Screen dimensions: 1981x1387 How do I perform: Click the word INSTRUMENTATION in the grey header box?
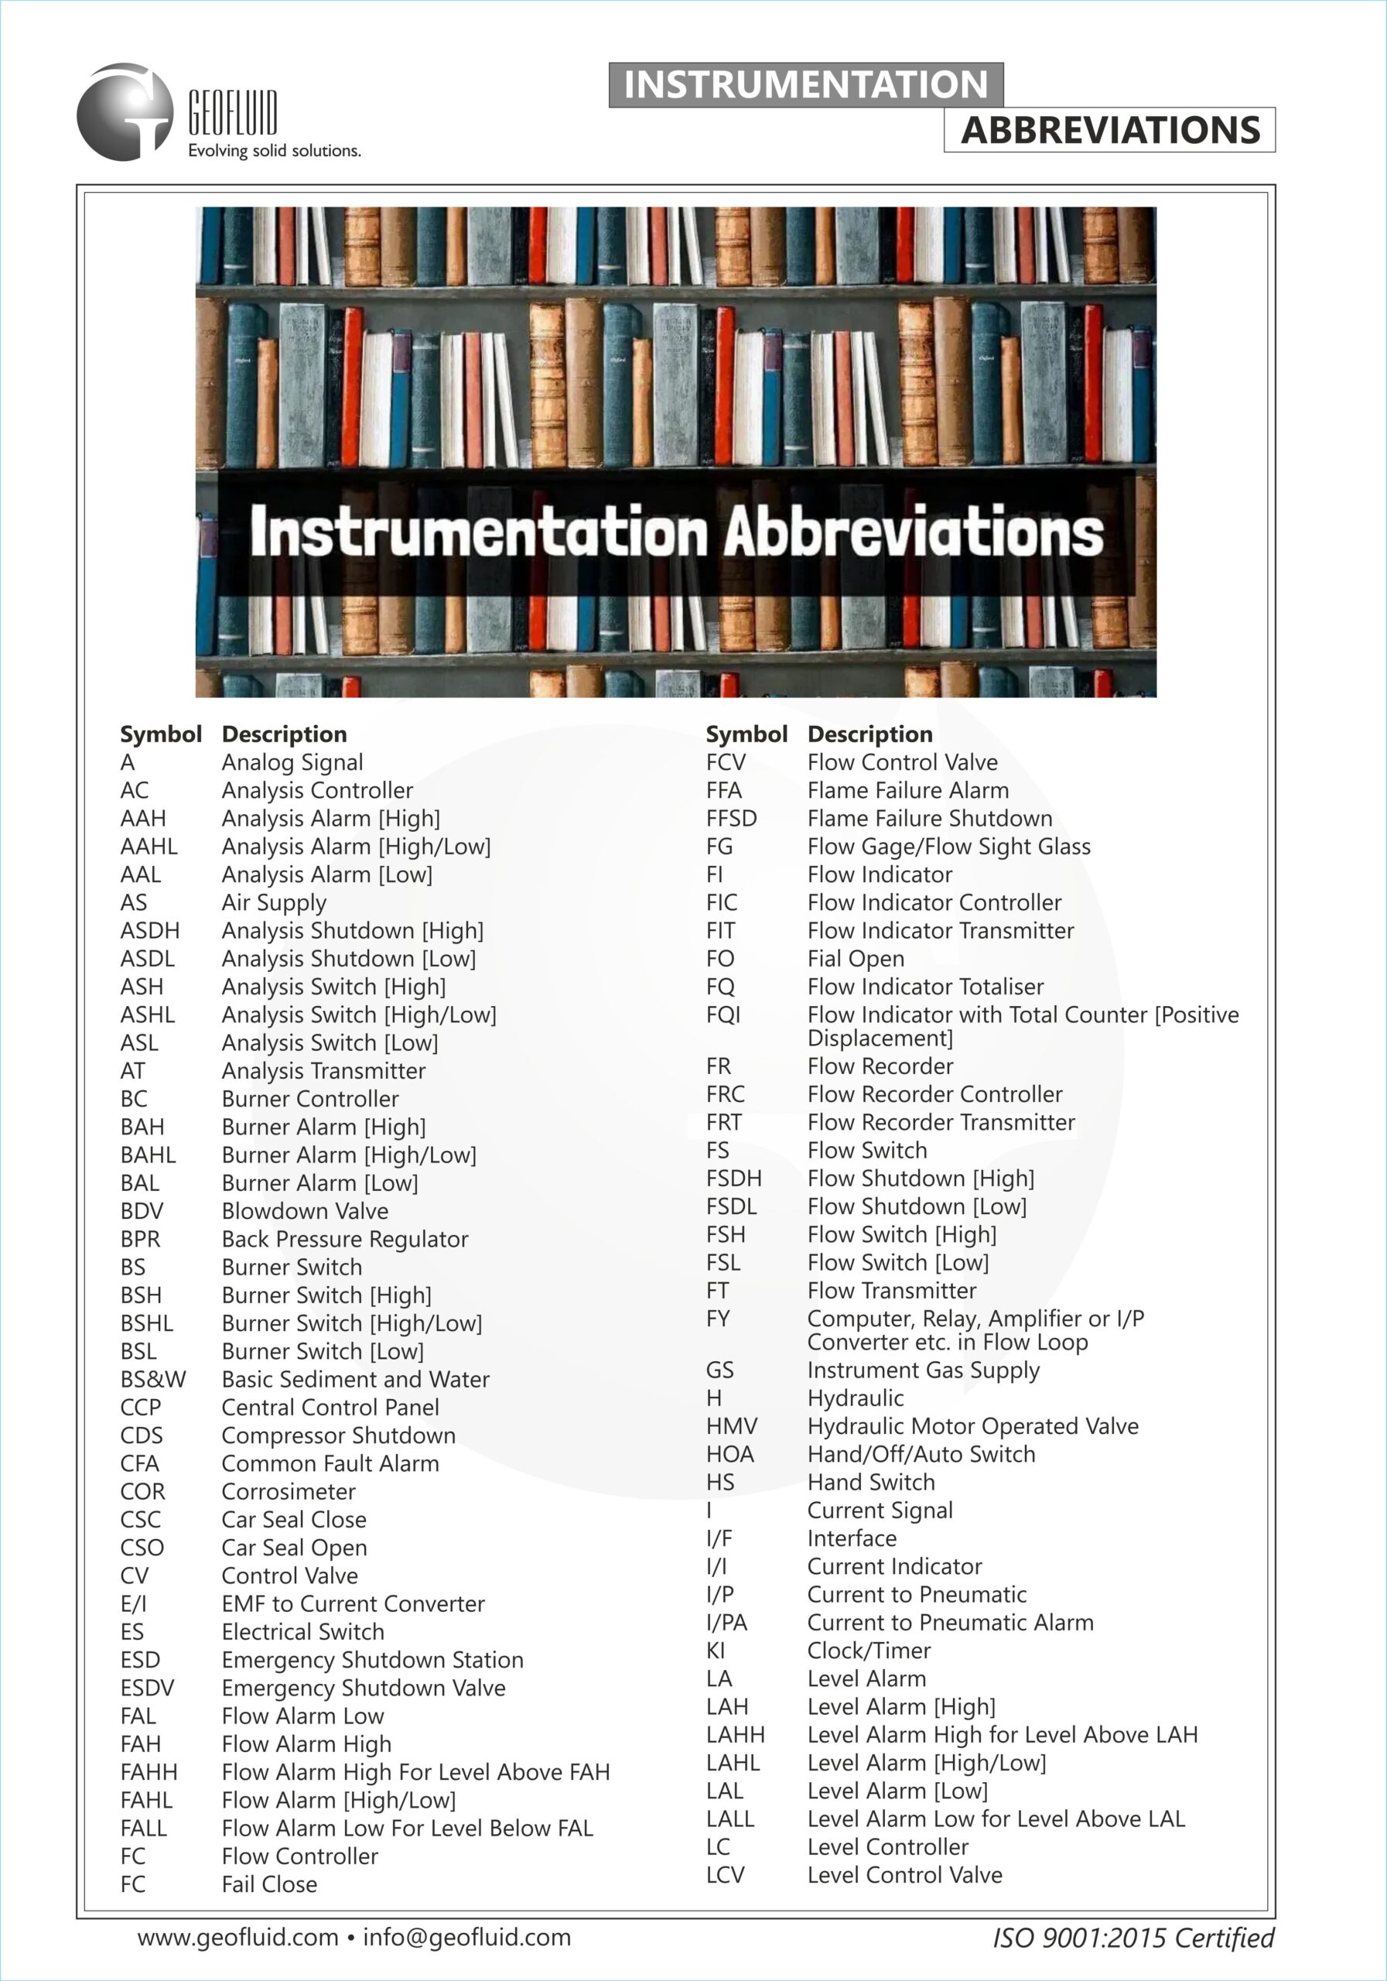(x=805, y=84)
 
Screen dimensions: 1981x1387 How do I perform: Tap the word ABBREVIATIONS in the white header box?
(x=1110, y=130)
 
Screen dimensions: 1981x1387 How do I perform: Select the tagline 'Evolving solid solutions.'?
(x=275, y=151)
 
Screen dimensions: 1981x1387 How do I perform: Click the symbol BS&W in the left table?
(x=152, y=1380)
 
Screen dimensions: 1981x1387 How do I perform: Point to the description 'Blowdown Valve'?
(x=305, y=1211)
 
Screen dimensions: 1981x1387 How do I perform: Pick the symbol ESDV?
(x=147, y=1688)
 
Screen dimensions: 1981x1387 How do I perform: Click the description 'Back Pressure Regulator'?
(x=344, y=1239)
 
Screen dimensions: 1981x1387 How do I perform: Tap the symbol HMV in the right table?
(x=732, y=1426)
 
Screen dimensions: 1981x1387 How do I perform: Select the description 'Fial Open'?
(x=856, y=959)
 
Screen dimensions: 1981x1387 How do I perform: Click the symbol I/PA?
(x=726, y=1623)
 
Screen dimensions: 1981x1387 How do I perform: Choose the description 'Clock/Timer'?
(x=869, y=1651)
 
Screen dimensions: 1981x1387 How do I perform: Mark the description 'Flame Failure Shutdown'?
(x=930, y=818)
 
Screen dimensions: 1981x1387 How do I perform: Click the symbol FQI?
(x=723, y=1014)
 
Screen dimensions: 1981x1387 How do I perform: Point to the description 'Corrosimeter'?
(x=288, y=1492)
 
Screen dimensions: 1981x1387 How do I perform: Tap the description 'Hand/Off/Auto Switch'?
(x=921, y=1454)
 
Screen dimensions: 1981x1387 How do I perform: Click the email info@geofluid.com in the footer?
(x=466, y=1937)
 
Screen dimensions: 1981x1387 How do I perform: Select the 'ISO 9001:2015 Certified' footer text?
(x=1133, y=1938)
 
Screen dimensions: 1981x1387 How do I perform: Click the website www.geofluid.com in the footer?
(x=237, y=1937)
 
